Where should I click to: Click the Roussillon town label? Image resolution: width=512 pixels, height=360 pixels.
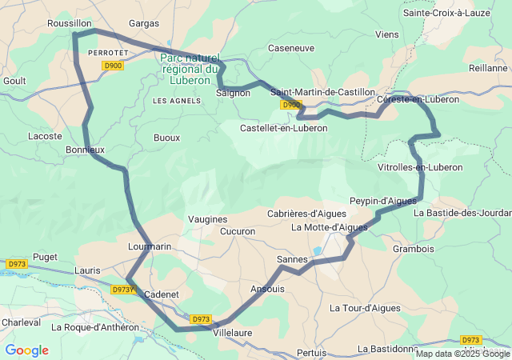coord(70,24)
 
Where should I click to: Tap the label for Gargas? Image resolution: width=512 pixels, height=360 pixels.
coord(144,24)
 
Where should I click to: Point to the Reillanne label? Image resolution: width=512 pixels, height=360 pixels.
coord(488,68)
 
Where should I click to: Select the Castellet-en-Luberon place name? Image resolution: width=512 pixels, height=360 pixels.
coord(284,128)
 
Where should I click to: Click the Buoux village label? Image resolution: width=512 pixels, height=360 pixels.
coord(166,138)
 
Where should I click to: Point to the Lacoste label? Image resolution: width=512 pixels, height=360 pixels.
coord(45,137)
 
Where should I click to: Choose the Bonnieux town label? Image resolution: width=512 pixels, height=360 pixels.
coord(85,150)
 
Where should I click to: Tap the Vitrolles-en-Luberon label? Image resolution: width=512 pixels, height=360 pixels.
coord(420,167)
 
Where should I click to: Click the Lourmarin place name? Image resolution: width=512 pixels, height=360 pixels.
coord(150,247)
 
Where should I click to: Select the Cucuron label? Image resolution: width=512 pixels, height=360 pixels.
coord(238,231)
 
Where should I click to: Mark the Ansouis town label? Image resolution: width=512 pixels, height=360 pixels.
coord(267,289)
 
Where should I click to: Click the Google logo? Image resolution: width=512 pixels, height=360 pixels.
coord(26,350)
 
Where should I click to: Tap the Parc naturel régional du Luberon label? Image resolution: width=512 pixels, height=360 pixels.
coord(190,69)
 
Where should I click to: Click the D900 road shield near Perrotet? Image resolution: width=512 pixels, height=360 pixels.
coord(113,66)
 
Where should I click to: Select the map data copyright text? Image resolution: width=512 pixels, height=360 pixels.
coord(462,354)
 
